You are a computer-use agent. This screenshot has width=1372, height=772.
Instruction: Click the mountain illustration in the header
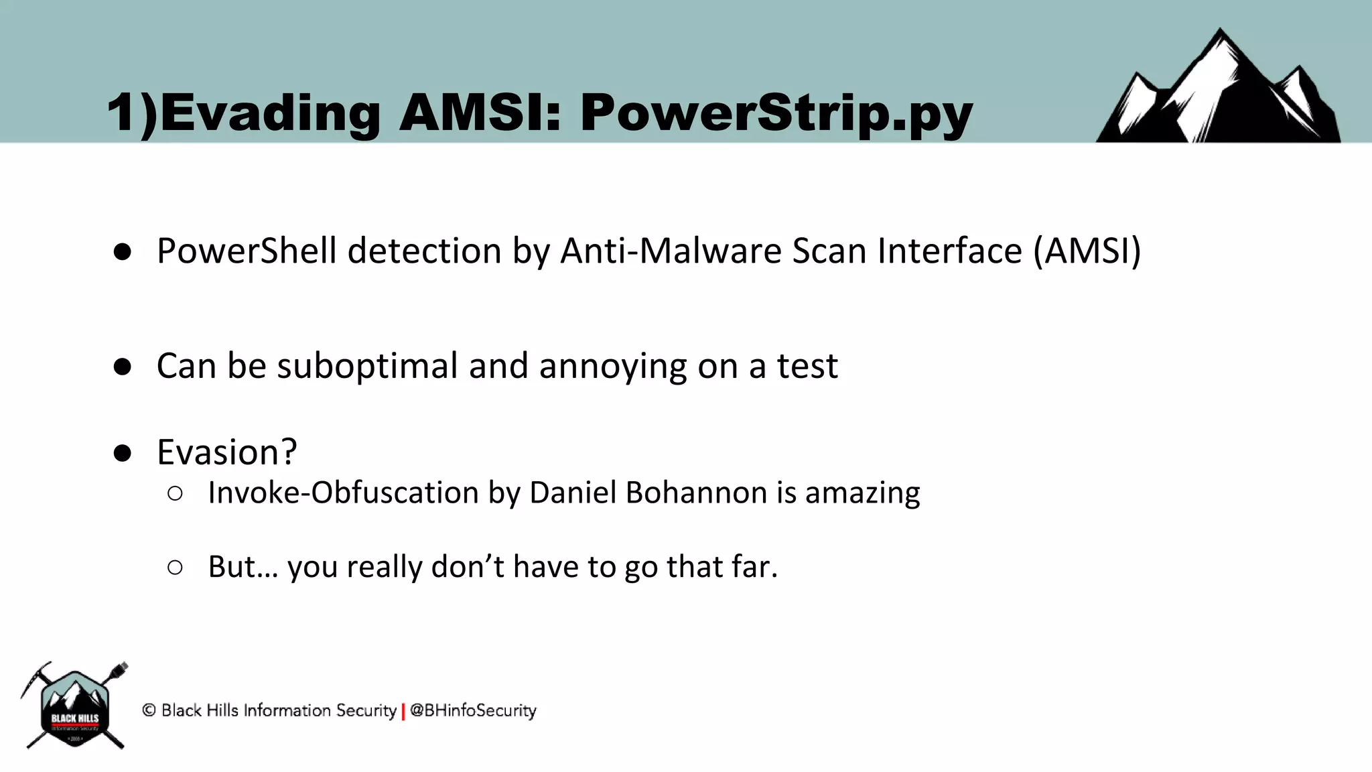(1217, 90)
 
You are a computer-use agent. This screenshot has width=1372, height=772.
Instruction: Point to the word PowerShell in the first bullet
(247, 252)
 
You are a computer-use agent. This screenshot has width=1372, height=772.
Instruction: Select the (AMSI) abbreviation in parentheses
(1087, 251)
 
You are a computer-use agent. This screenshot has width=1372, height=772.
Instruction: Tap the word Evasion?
(226, 452)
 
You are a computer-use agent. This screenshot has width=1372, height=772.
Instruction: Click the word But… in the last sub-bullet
(243, 567)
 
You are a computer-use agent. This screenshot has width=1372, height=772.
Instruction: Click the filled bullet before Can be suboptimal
(123, 367)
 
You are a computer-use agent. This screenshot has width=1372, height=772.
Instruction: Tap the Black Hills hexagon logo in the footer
(75, 707)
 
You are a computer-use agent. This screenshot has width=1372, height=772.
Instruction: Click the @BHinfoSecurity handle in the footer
(473, 710)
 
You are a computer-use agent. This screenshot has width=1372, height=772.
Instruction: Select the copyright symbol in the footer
(149, 710)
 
